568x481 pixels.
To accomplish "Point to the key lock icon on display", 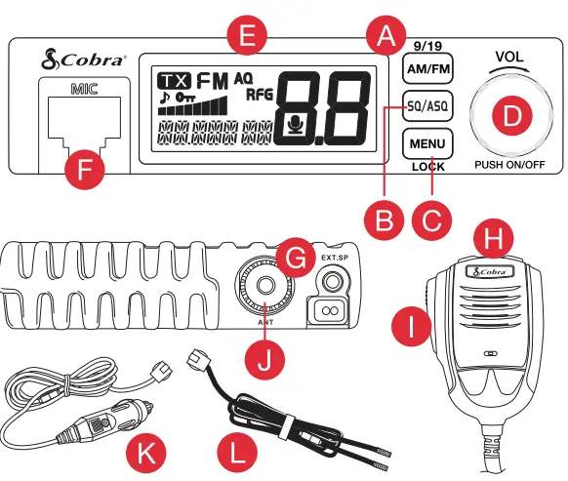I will click(180, 100).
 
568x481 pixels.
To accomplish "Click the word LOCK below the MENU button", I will click(426, 167).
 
